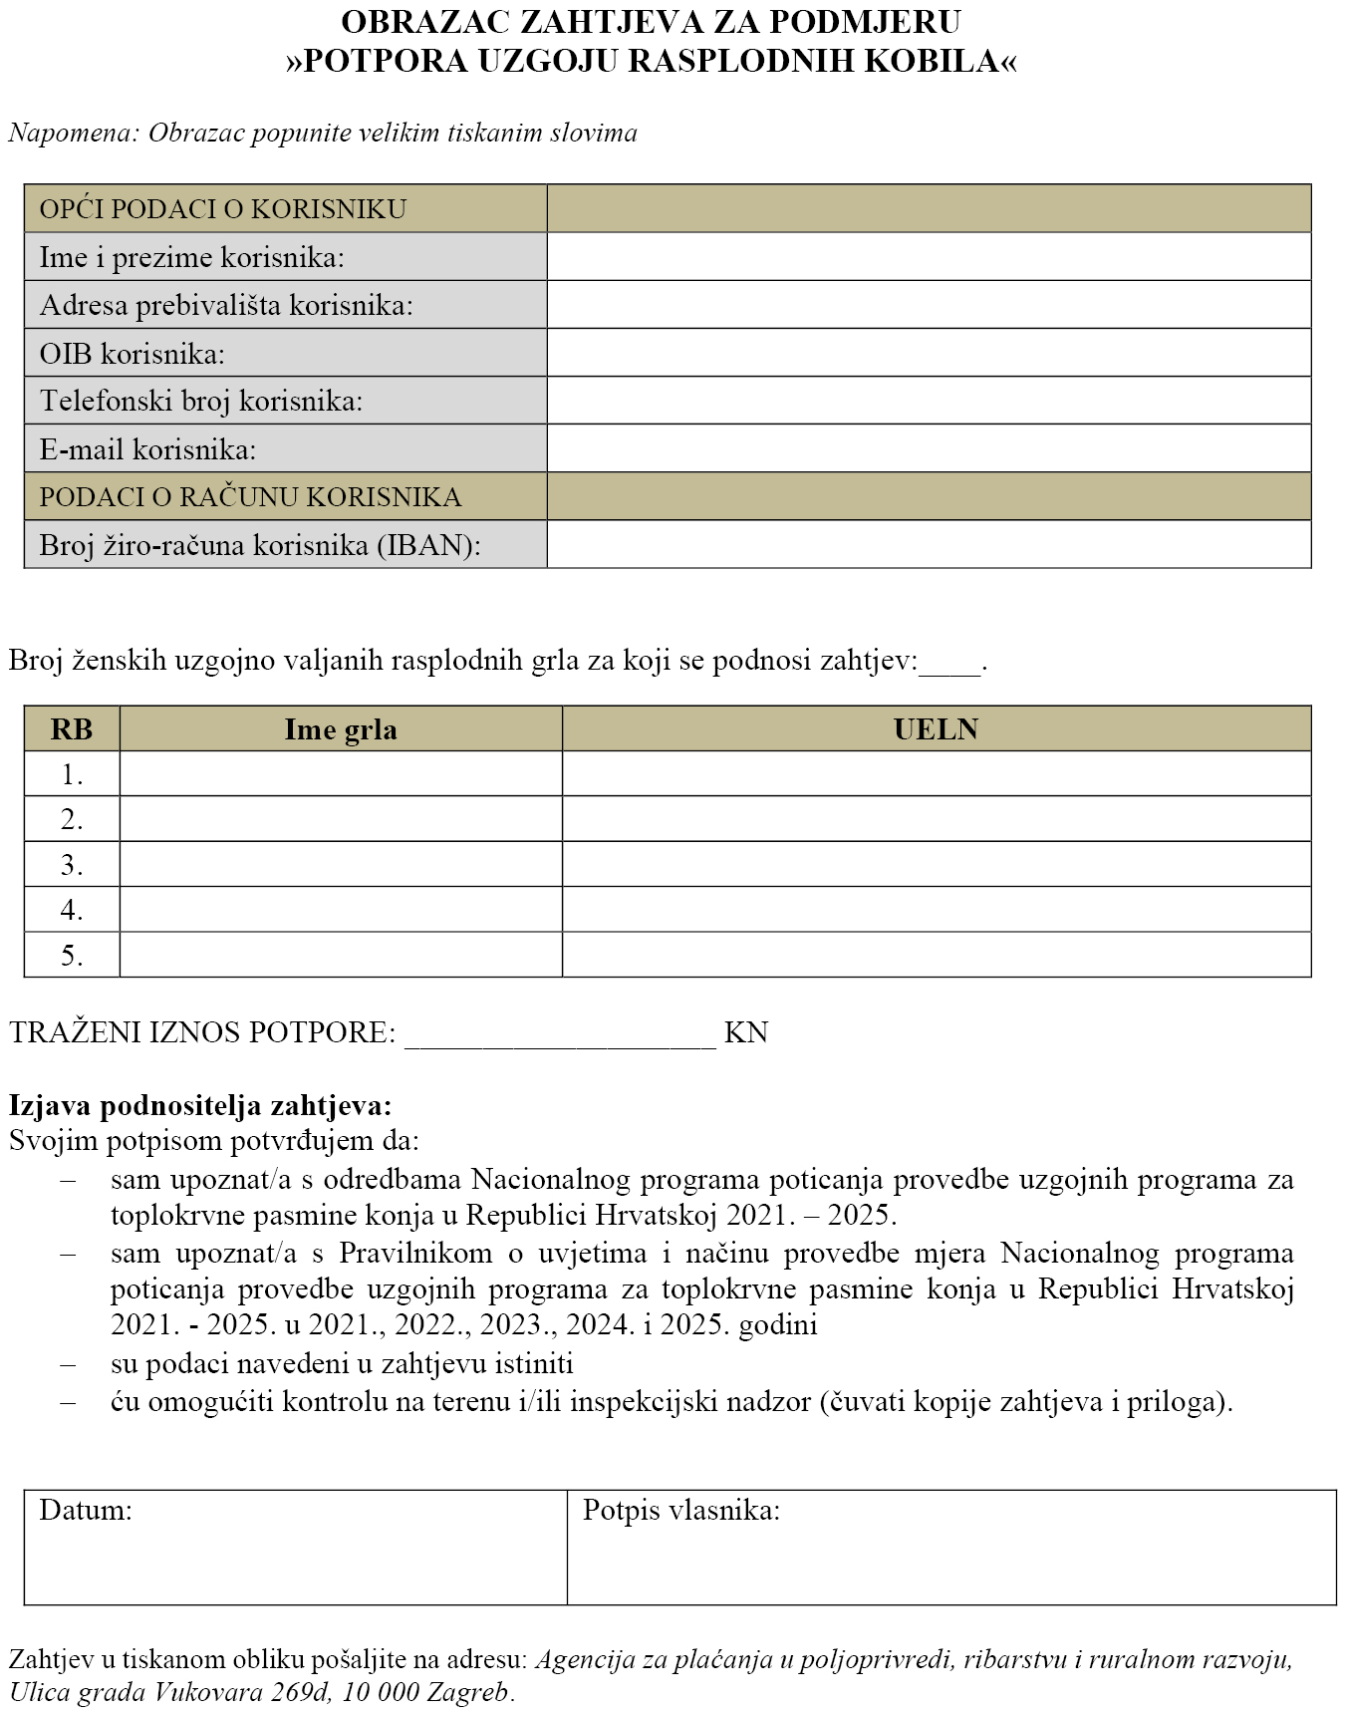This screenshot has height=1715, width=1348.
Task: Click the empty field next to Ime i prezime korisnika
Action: point(929,257)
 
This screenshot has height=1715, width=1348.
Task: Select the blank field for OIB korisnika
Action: point(929,353)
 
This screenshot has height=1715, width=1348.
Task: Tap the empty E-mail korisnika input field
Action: point(929,448)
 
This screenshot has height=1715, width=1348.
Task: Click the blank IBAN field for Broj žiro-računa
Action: point(929,545)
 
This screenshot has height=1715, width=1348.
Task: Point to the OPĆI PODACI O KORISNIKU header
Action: point(222,209)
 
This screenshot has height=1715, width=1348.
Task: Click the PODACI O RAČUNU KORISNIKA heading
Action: point(250,497)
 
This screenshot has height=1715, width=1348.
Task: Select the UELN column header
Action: point(936,729)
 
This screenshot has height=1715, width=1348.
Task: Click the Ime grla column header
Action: point(341,729)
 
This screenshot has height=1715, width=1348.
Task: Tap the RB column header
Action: point(72,729)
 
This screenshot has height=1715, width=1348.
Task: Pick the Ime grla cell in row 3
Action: point(341,864)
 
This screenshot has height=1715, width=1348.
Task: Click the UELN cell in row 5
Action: point(936,955)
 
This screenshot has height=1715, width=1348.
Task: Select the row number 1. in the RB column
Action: point(72,774)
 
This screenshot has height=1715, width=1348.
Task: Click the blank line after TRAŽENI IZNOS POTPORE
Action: point(560,1033)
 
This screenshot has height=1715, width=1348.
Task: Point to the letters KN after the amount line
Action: point(746,1032)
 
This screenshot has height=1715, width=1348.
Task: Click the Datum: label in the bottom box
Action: point(86,1510)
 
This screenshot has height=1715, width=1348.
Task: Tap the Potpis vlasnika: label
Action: point(680,1510)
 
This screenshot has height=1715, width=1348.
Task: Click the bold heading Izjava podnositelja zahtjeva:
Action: point(200,1105)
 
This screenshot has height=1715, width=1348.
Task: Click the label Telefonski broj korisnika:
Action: point(201,401)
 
